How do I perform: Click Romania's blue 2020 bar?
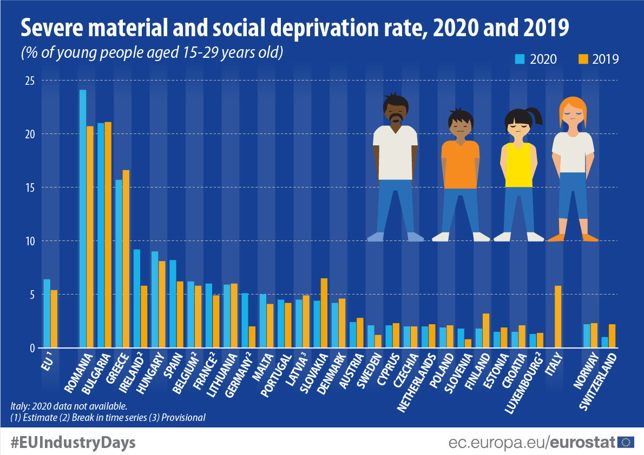83,219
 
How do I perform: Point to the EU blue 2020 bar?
47,313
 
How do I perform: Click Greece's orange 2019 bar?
126,259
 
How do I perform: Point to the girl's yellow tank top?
519,165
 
